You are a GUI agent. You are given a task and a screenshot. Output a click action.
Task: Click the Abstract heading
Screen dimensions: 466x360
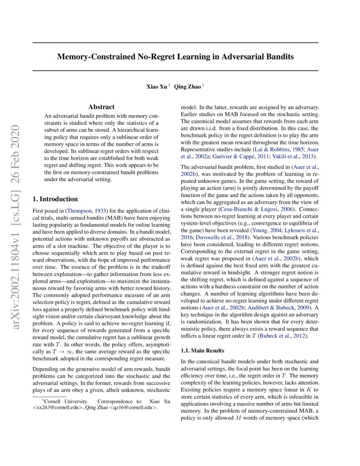coord(101,107)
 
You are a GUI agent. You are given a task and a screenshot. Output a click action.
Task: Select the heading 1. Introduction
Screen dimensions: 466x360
coord(55,199)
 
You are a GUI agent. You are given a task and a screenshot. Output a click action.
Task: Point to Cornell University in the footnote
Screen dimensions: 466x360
coord(66,401)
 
